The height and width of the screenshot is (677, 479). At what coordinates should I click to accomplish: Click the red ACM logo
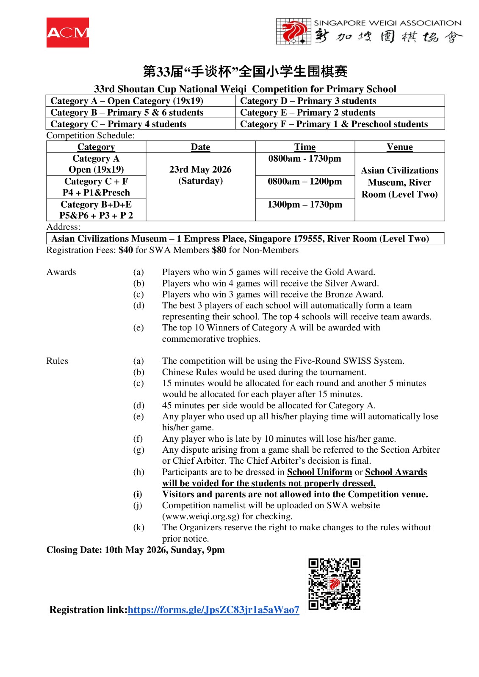click(68, 33)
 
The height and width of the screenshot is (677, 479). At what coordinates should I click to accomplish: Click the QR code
click(334, 584)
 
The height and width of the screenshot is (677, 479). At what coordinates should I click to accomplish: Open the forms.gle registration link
click(213, 610)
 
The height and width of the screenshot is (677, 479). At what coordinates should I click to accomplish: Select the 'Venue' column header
click(399, 147)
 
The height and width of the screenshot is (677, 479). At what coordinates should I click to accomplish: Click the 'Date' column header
click(200, 147)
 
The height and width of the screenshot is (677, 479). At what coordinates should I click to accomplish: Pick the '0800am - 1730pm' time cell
click(305, 159)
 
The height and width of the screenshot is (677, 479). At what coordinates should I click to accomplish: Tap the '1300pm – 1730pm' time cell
click(305, 205)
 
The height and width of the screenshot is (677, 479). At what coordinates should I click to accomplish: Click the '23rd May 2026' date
click(200, 170)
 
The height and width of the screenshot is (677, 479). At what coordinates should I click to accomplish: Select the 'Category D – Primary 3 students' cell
click(308, 101)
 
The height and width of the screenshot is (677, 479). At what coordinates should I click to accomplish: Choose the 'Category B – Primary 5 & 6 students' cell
click(127, 113)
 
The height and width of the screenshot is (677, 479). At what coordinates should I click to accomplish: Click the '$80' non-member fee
click(219, 250)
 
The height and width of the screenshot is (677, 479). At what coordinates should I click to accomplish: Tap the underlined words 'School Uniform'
click(319, 472)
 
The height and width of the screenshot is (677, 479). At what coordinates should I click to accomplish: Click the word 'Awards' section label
click(61, 272)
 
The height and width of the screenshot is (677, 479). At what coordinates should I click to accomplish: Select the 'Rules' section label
click(57, 361)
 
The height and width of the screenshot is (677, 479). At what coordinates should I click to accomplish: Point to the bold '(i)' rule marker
click(138, 494)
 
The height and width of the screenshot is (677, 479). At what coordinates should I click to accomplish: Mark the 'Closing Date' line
click(136, 550)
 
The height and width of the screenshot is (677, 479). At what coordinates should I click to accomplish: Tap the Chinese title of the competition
click(245, 71)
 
